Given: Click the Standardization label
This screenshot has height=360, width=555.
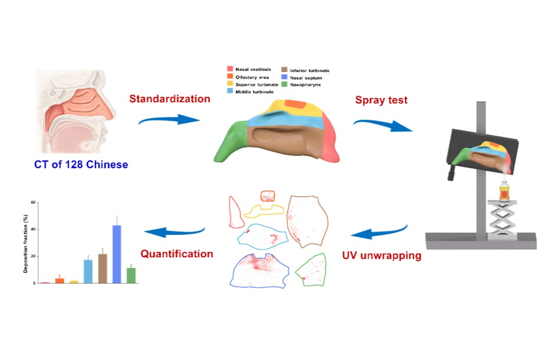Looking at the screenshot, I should tap(170, 99).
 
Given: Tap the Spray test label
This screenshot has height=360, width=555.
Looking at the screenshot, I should tap(381, 100).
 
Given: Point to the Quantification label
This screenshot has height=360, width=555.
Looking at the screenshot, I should tap(176, 254).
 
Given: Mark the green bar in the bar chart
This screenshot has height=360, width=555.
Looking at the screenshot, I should tap(131, 275).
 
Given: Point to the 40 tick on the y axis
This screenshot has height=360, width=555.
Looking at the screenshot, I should tap(35, 229).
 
